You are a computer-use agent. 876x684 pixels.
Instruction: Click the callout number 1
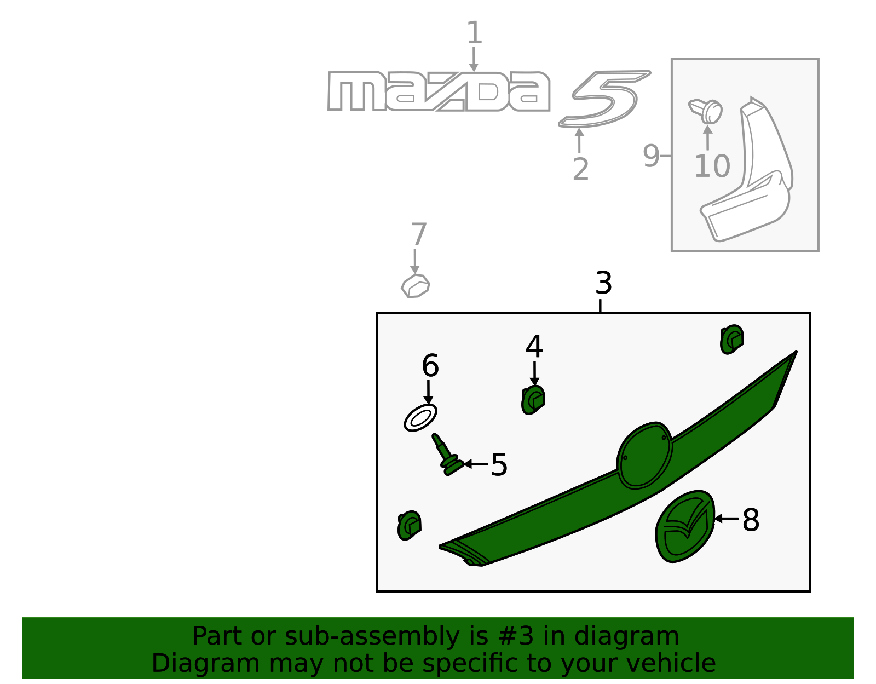click(x=474, y=33)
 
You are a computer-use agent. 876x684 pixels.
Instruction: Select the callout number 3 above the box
click(x=603, y=283)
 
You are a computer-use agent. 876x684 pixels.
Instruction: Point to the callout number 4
click(x=534, y=347)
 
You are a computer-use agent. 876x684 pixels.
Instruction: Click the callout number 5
click(x=499, y=464)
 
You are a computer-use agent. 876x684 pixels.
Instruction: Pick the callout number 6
click(x=430, y=366)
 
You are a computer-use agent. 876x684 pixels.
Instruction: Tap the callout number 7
click(x=418, y=234)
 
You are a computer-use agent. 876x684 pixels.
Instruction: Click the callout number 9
click(x=652, y=156)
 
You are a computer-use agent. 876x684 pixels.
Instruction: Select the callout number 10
click(x=712, y=166)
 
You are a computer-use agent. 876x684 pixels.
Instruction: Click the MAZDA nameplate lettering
click(x=438, y=91)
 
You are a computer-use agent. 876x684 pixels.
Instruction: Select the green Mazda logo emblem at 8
click(x=684, y=526)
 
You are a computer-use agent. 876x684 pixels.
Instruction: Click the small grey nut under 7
click(x=416, y=286)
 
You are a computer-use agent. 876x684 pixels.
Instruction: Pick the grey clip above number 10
click(x=706, y=110)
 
